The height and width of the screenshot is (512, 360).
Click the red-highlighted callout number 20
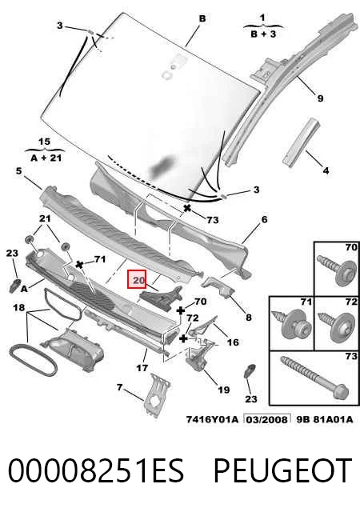137,279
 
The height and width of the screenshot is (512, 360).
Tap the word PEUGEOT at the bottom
283,470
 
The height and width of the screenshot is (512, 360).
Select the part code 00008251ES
96,470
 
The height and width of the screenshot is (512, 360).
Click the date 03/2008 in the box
267,419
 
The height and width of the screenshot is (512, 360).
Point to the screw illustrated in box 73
314,378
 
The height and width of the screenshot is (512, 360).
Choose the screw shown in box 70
337,270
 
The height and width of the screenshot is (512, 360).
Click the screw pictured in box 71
291,324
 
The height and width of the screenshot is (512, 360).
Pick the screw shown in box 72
337,327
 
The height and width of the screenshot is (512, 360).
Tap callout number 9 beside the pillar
320,98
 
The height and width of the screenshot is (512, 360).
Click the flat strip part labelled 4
301,142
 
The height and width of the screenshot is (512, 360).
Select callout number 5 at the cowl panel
18,170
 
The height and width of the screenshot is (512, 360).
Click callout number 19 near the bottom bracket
224,390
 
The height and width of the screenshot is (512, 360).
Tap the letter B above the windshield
202,18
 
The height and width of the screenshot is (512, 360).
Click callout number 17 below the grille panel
142,368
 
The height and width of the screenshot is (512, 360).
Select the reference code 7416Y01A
212,419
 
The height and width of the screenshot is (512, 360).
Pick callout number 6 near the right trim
264,219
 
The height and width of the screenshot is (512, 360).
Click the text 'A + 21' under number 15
46,158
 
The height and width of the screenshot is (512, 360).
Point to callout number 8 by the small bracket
249,317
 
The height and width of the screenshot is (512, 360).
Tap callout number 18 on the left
19,307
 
